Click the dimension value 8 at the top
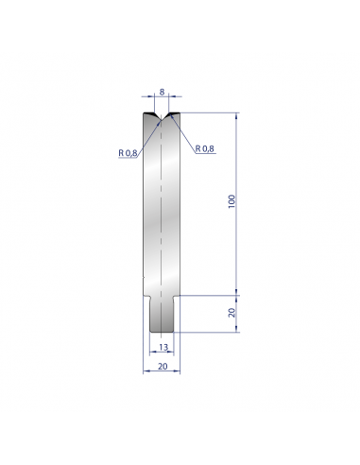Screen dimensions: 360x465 pyautogui.click(x=162, y=92)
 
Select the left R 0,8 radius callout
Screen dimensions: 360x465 pyautogui.click(x=128, y=153)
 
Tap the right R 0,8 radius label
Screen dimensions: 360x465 pyautogui.click(x=205, y=148)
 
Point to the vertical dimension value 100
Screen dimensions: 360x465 pyautogui.click(x=231, y=201)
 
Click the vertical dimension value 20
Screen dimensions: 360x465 pyautogui.click(x=231, y=313)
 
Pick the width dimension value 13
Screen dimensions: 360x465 pyautogui.click(x=163, y=347)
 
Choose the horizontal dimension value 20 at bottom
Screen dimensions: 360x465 pyautogui.click(x=163, y=366)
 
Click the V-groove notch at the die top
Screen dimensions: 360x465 pyautogui.click(x=162, y=116)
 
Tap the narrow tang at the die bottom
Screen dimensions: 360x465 pyautogui.click(x=162, y=314)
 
